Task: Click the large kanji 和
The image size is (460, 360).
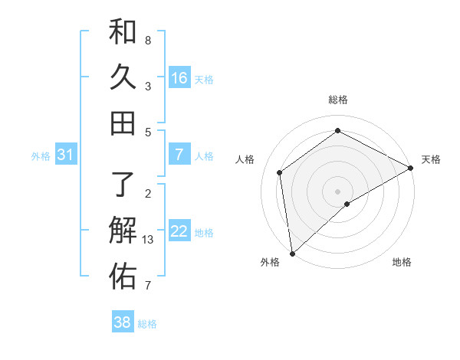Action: [123, 31]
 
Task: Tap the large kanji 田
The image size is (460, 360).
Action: [123, 123]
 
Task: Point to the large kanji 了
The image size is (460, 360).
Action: [123, 185]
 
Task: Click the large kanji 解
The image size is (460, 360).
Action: [123, 231]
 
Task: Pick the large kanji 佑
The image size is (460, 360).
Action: [123, 277]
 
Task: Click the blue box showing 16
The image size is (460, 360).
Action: [179, 77]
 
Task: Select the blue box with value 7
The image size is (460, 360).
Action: [179, 155]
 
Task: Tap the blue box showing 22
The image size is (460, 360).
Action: [179, 231]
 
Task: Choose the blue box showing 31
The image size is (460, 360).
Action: [66, 155]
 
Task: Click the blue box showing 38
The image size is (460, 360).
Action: [123, 322]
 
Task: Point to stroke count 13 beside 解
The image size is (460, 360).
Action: [149, 241]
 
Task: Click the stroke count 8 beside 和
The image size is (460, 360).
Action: [147, 40]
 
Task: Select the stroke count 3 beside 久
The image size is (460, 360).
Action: [147, 87]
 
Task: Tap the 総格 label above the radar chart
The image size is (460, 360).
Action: [338, 100]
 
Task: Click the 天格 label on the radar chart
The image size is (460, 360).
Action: [431, 159]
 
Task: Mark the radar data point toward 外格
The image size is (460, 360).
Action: [292, 254]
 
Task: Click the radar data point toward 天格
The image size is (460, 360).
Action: [411, 168]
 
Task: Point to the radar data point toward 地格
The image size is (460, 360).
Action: [347, 204]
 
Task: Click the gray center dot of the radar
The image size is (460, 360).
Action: [338, 191]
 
